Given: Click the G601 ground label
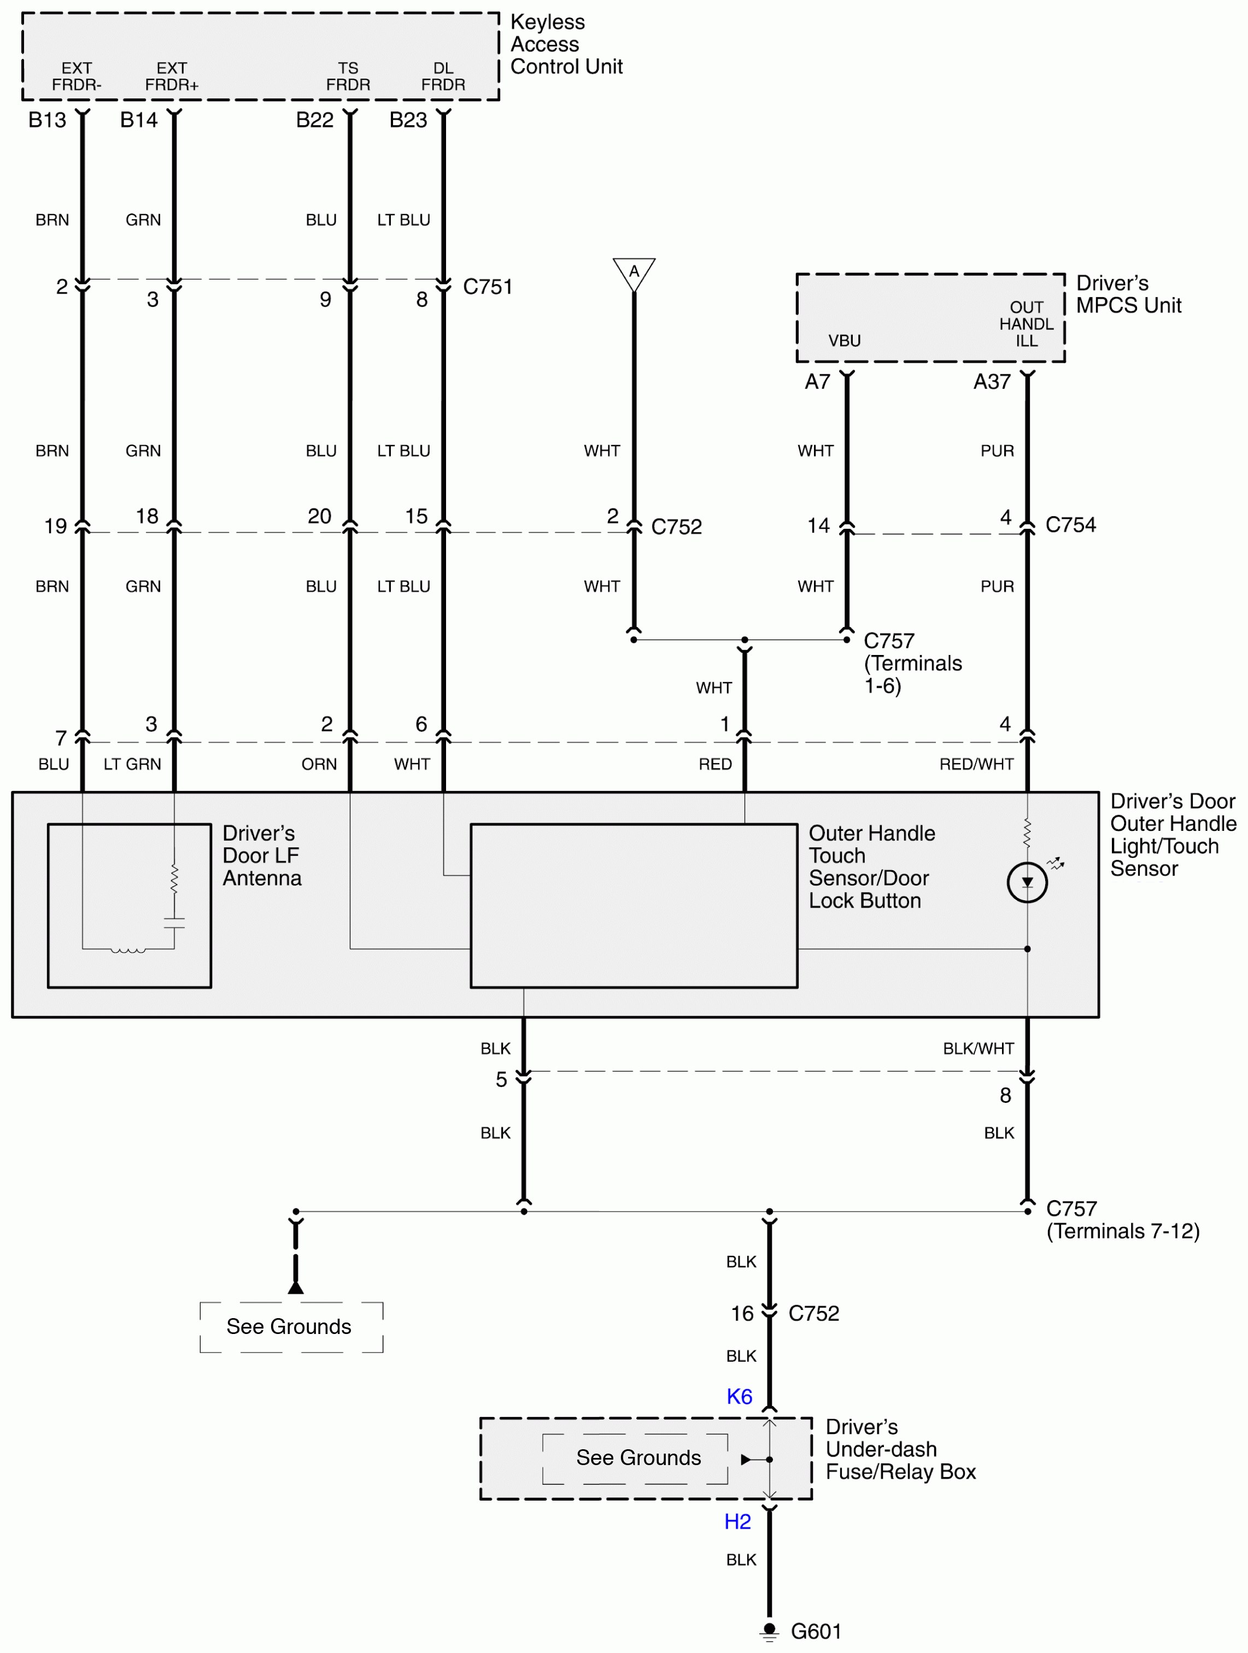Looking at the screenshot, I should click(816, 1631).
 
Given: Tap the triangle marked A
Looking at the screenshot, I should click(634, 273).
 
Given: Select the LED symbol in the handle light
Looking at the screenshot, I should click(1027, 883).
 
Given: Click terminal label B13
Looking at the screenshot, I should click(47, 120).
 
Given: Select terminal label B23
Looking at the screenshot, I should click(408, 120).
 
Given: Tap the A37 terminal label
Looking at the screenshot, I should click(992, 382).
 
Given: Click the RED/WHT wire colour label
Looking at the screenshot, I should click(976, 764).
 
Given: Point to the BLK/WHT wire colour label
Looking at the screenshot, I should click(977, 1048).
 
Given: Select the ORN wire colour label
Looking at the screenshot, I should click(319, 764).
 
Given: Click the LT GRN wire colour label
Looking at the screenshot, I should click(132, 764).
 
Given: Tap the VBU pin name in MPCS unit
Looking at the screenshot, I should click(844, 341).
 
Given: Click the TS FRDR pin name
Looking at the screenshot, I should click(348, 76).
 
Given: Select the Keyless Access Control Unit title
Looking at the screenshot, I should click(565, 45).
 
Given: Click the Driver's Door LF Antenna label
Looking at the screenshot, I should click(262, 855).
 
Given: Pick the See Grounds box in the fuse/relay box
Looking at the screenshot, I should click(638, 1457).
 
